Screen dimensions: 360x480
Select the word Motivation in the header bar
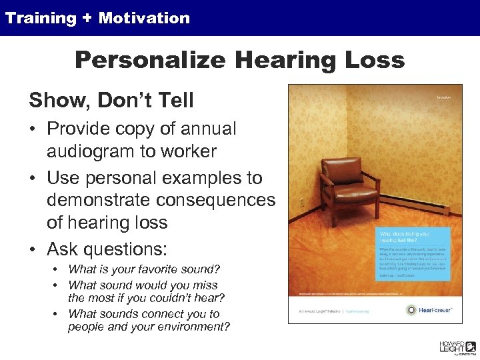pos(144,19)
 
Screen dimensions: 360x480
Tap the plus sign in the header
pos(87,19)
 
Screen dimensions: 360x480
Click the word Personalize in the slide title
pos(151,61)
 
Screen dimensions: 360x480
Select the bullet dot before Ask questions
pos(33,249)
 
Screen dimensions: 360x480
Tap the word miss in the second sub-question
pos(207,285)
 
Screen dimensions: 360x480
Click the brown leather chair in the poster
pos(341,180)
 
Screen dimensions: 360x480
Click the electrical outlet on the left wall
pos(301,203)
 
